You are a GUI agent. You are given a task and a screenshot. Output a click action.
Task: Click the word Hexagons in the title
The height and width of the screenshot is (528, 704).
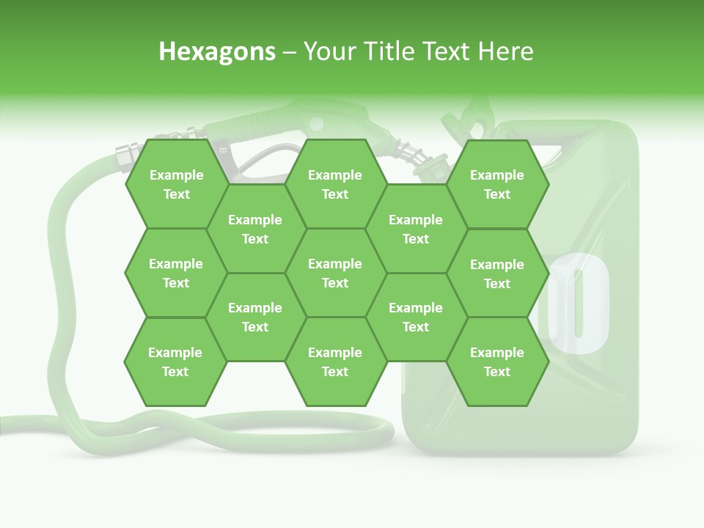tap(217, 51)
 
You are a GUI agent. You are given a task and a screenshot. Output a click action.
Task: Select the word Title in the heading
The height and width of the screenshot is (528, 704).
tap(395, 51)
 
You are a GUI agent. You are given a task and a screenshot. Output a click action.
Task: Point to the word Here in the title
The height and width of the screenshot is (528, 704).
tap(506, 51)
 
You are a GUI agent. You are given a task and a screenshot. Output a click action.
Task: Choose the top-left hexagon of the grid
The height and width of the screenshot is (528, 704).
tap(176, 184)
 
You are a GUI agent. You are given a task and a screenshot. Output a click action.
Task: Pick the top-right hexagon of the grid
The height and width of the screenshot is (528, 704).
tap(497, 184)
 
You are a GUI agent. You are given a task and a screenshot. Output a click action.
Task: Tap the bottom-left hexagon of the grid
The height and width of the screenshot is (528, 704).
tap(175, 362)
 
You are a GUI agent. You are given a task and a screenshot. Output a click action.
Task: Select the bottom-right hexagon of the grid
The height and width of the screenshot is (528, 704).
tap(497, 362)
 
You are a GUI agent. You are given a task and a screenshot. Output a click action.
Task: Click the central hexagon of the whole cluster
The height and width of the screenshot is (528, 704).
tap(335, 273)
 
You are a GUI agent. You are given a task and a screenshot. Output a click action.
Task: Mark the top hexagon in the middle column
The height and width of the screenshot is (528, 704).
tap(335, 184)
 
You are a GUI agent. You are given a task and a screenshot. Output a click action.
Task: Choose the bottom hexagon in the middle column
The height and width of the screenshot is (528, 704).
tap(335, 362)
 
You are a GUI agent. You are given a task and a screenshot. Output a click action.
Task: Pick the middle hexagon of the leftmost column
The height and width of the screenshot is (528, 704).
tap(176, 273)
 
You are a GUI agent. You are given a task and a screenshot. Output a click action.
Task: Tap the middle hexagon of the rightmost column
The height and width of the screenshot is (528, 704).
tap(497, 274)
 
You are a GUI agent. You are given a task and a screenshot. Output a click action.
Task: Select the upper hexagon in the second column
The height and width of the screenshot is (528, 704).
tap(255, 229)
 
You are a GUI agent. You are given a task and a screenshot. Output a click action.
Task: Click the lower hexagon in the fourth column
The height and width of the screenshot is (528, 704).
tap(416, 317)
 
